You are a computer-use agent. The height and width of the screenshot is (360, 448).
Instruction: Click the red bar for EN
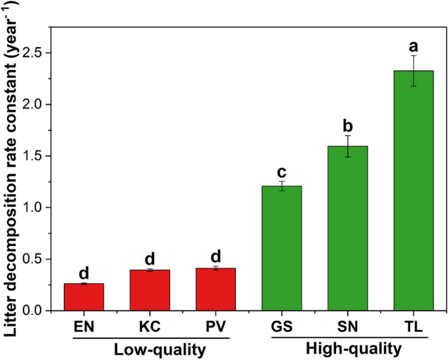[x=84, y=297]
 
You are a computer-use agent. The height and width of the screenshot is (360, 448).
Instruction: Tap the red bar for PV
[x=216, y=289]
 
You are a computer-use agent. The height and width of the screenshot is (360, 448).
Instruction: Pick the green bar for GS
[x=282, y=248]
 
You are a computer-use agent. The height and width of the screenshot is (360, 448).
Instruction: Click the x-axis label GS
[x=282, y=326]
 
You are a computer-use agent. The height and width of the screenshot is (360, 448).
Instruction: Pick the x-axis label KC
[x=150, y=326]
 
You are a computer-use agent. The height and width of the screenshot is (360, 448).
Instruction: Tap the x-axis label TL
[x=414, y=326]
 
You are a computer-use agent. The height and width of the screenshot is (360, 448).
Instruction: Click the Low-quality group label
[x=149, y=348]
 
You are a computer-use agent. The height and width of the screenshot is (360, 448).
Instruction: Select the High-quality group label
[x=347, y=348]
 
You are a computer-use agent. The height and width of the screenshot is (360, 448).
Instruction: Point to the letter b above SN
[x=348, y=125]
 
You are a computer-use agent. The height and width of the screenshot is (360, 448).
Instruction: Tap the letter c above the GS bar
[x=282, y=172]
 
